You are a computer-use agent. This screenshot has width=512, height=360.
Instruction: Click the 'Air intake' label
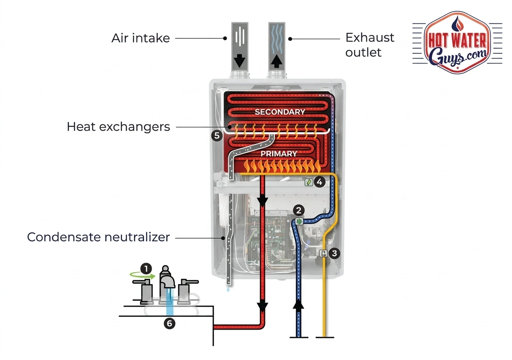(x=140, y=38)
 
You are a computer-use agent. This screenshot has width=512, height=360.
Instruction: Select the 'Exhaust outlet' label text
(x=370, y=45)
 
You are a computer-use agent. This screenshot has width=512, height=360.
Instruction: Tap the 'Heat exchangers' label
(x=118, y=127)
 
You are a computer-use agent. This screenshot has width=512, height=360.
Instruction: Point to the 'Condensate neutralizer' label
(x=98, y=237)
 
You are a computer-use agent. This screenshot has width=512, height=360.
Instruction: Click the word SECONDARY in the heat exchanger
(x=280, y=112)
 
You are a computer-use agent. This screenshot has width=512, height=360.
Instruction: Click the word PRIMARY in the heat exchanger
(x=279, y=154)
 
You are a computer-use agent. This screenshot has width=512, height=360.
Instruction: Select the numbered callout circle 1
(x=146, y=269)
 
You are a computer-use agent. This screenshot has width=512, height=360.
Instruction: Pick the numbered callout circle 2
(x=299, y=210)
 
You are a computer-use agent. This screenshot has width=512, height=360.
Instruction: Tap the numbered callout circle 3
(x=334, y=252)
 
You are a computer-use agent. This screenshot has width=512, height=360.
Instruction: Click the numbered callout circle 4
(x=319, y=182)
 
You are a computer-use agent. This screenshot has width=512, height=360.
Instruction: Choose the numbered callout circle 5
(x=216, y=136)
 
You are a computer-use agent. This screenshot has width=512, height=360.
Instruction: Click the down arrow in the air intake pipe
(x=239, y=61)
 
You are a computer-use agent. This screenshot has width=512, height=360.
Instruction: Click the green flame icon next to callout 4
(x=309, y=182)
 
